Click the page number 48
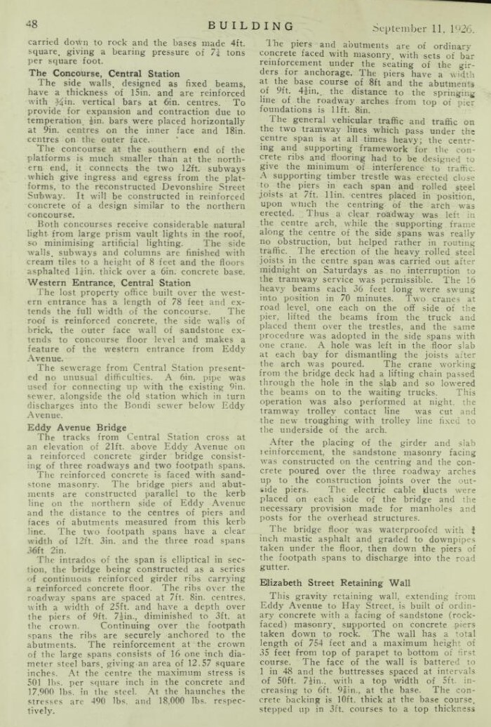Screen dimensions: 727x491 click(x=32, y=24)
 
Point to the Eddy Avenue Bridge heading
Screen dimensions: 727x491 click(x=77, y=426)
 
